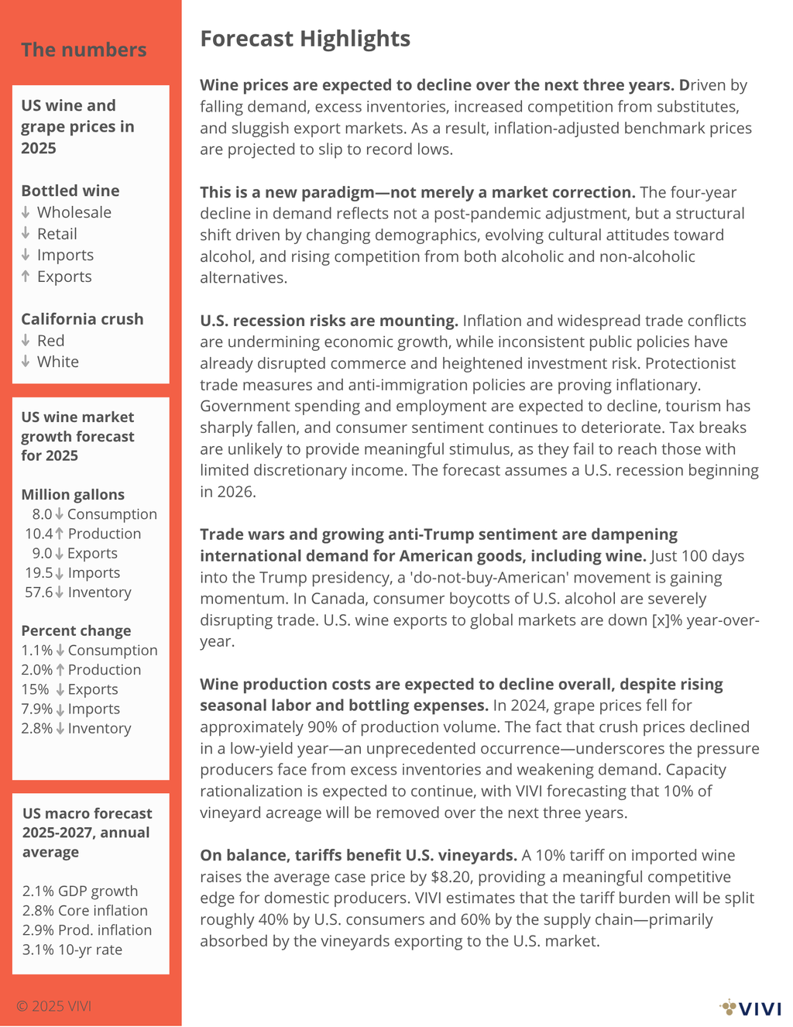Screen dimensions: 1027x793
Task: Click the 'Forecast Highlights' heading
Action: [x=305, y=39]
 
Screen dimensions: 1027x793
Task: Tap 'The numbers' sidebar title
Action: [x=84, y=50]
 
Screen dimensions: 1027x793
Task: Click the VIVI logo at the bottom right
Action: [x=750, y=1008]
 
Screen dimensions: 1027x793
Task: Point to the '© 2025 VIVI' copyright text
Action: [x=53, y=1006]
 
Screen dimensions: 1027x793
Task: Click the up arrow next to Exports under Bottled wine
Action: [x=26, y=276]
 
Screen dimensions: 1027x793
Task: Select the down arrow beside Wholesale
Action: [x=26, y=212]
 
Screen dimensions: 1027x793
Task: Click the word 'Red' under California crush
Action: [x=50, y=340]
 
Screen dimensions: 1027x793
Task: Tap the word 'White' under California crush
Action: [x=57, y=362]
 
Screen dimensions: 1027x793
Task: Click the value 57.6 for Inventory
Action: [x=39, y=592]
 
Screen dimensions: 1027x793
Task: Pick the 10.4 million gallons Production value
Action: [x=39, y=534]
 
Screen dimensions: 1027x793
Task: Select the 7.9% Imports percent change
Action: [x=37, y=709]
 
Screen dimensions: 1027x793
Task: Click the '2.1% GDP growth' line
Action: [x=80, y=891]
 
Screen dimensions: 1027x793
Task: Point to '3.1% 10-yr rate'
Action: [x=72, y=950]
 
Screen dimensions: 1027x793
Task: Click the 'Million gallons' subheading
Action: [x=73, y=495]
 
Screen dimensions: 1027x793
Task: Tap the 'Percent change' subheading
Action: [x=76, y=631]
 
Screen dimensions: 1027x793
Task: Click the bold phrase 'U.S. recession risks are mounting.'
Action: [x=329, y=321]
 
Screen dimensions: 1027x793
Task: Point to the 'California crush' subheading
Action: [x=82, y=319]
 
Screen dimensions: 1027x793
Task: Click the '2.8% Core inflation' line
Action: [x=84, y=911]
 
